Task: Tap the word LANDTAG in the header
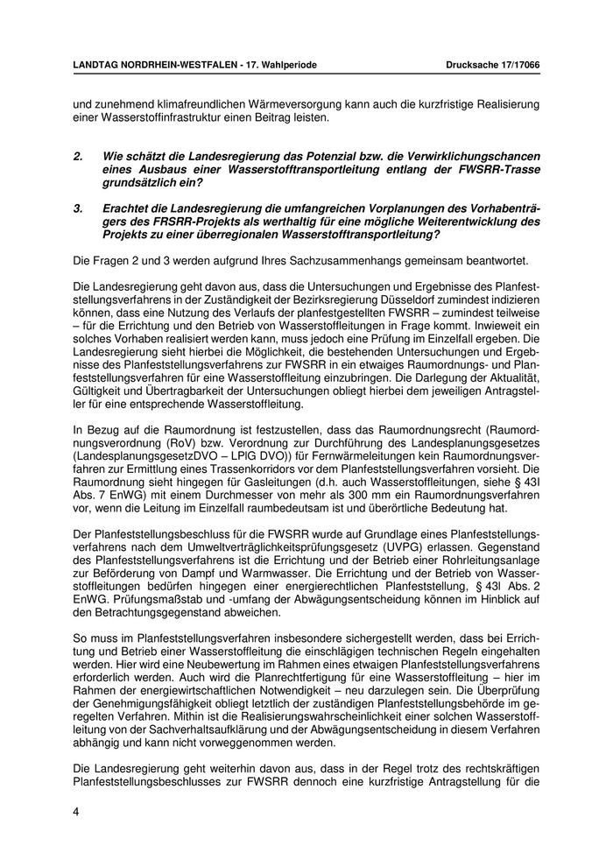(x=98, y=66)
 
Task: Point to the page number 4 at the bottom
(x=77, y=812)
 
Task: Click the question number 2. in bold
(x=78, y=156)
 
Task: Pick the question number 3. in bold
(x=78, y=208)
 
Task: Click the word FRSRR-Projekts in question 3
(x=159, y=222)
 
